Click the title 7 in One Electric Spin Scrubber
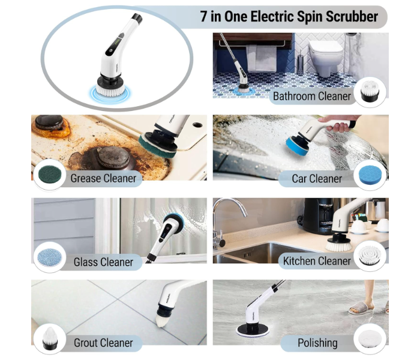[289, 17]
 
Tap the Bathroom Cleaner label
[312, 96]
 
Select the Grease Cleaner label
[103, 178]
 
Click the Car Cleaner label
[317, 178]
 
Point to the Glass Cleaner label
[103, 262]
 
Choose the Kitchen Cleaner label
[317, 261]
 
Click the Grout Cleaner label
[103, 343]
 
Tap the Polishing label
[317, 343]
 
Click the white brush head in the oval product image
[106, 88]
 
